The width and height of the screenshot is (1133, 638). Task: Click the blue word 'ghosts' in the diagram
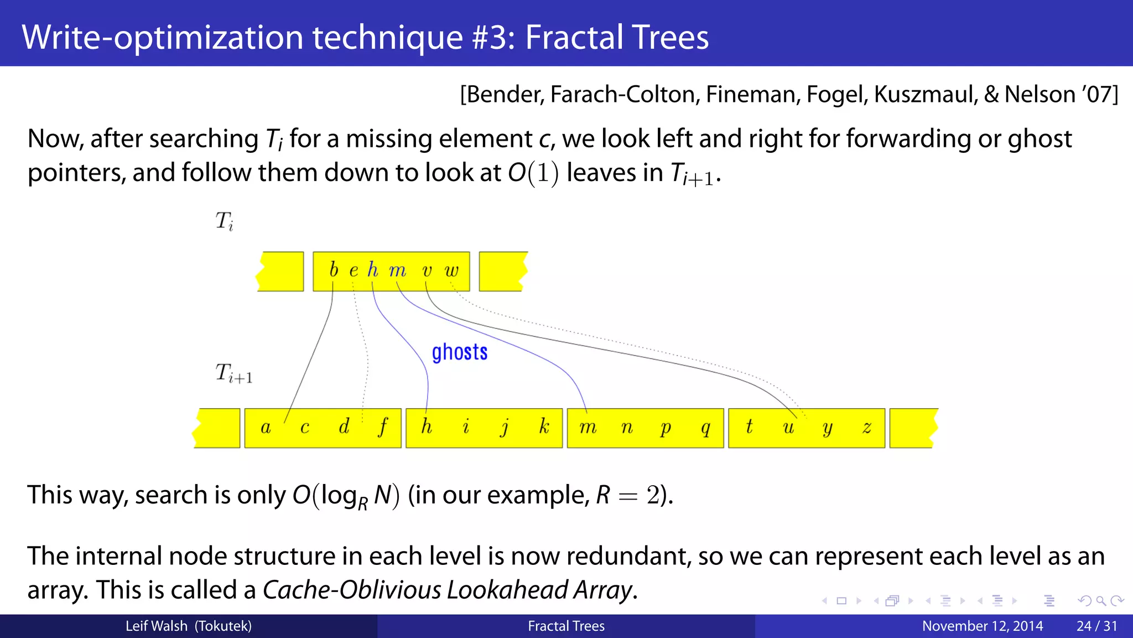tap(459, 352)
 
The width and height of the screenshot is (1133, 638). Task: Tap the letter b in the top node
tap(333, 270)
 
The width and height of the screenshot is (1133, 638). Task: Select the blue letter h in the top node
tap(373, 270)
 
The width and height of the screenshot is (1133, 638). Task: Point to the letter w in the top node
tap(451, 271)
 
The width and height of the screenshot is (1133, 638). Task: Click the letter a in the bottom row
tap(266, 428)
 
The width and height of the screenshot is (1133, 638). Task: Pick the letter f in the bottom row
tap(383, 427)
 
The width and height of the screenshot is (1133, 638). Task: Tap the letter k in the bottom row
tap(544, 426)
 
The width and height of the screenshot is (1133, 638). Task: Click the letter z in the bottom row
tap(867, 428)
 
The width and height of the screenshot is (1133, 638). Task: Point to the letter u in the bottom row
tap(788, 428)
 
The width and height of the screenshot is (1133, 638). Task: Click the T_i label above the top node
tap(224, 221)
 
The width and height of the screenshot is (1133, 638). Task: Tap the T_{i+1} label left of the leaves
tap(233, 373)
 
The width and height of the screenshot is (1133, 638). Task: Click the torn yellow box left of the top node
tap(281, 271)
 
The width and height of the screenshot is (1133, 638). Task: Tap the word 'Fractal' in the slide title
tap(574, 37)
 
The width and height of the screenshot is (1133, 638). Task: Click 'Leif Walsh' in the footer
tap(156, 626)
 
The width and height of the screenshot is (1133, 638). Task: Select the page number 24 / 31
tap(1096, 626)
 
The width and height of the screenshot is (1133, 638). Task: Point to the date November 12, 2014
tap(982, 626)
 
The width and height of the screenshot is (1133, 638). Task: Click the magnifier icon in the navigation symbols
tap(1100, 601)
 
